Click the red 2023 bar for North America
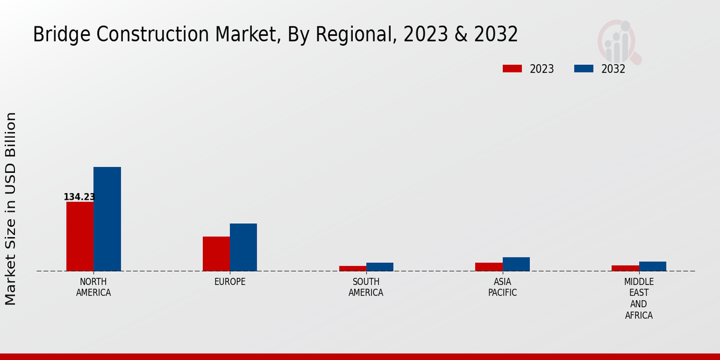tap(80, 236)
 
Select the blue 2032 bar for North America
tap(107, 219)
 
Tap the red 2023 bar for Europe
tap(216, 254)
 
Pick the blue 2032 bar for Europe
tap(243, 247)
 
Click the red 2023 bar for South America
tap(352, 268)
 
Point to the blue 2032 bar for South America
tap(380, 267)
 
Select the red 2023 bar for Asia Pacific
tap(488, 267)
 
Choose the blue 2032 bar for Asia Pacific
tap(516, 264)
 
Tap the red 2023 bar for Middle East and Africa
tap(625, 268)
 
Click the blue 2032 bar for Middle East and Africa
tap(652, 266)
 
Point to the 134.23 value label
tap(79, 197)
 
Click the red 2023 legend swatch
tap(512, 68)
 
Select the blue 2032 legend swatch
tap(583, 68)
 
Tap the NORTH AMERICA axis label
tap(94, 287)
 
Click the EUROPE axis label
tap(230, 282)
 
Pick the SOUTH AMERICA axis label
tap(366, 287)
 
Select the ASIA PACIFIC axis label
tap(502, 287)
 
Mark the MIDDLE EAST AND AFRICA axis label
tap(638, 299)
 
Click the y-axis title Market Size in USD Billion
tap(11, 208)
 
